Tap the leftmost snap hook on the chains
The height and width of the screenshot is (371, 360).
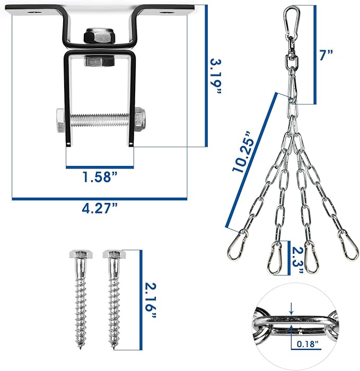point(237,243)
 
